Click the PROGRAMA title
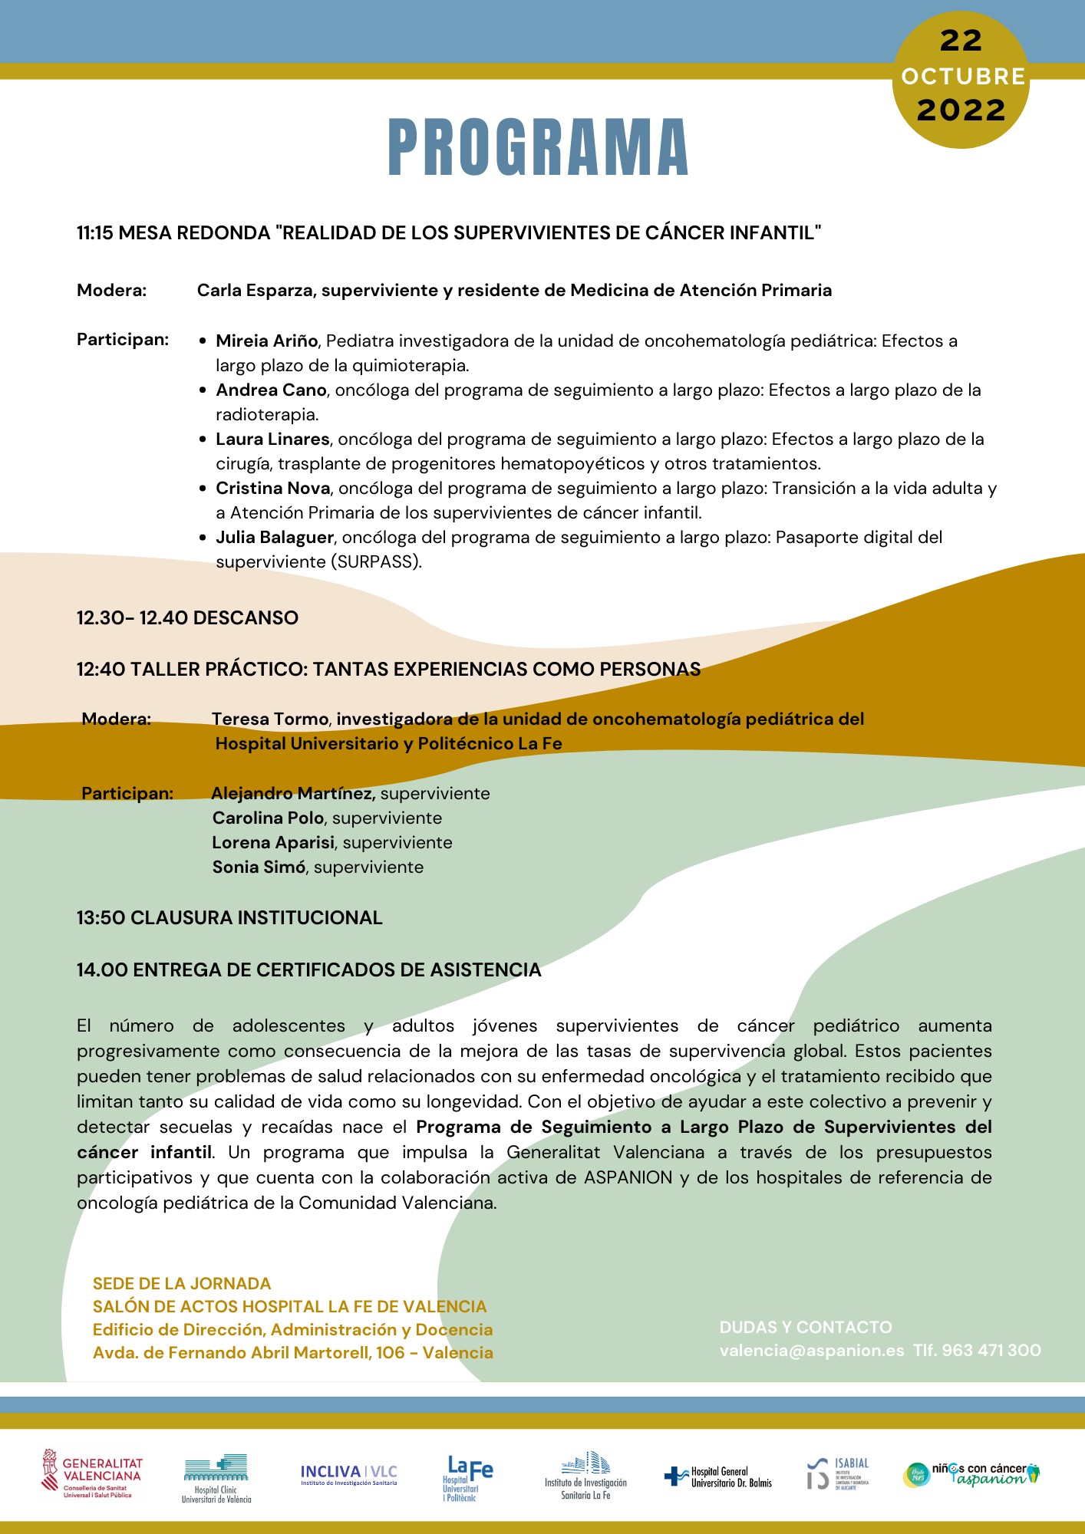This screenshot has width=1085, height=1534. pyautogui.click(x=539, y=147)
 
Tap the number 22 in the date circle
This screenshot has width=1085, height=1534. pyautogui.click(x=961, y=41)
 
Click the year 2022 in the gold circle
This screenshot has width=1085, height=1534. pyautogui.click(x=961, y=110)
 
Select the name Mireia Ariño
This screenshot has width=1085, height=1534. pyautogui.click(x=266, y=341)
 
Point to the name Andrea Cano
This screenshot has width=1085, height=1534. pyautogui.click(x=271, y=390)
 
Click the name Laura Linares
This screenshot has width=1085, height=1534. pyautogui.click(x=272, y=439)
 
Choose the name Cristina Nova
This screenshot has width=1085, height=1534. pyautogui.click(x=272, y=488)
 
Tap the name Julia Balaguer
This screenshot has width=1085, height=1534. pyautogui.click(x=274, y=537)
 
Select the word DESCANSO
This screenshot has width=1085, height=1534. pyautogui.click(x=246, y=617)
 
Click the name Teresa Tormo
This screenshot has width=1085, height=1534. pyautogui.click(x=271, y=719)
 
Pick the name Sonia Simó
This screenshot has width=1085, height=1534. pyautogui.click(x=259, y=867)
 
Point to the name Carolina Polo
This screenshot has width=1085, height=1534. pyautogui.click(x=268, y=818)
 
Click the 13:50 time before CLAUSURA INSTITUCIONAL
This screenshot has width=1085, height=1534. pyautogui.click(x=101, y=917)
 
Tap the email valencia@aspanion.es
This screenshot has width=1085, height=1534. pyautogui.click(x=812, y=1350)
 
